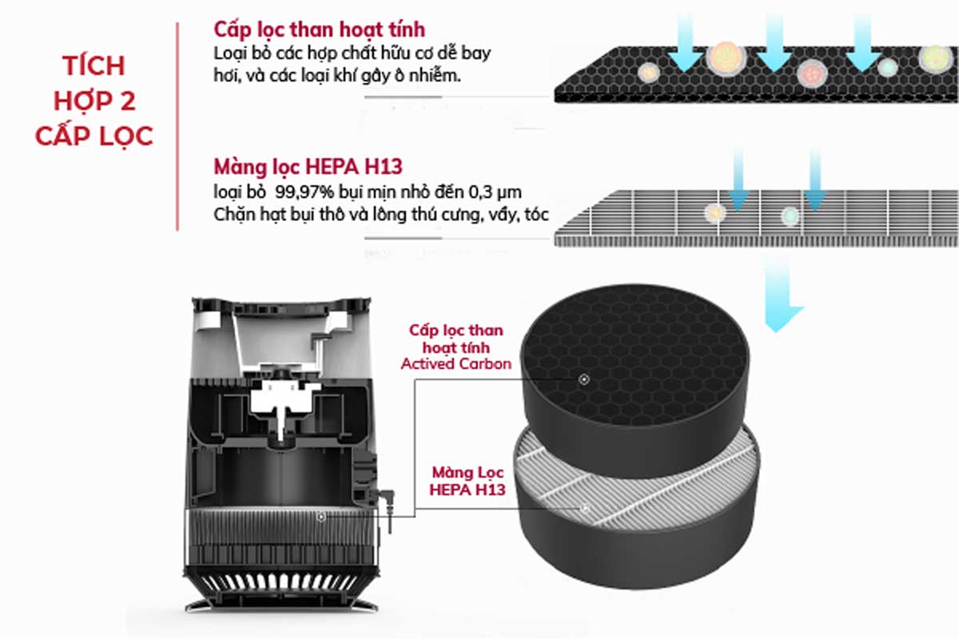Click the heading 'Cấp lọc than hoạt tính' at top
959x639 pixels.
(x=320, y=30)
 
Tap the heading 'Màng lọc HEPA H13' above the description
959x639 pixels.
(x=308, y=167)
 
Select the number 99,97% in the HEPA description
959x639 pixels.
(x=304, y=192)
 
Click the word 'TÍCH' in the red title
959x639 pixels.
(x=94, y=65)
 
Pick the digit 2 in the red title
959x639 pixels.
(x=128, y=101)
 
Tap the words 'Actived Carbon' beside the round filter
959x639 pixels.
(x=456, y=363)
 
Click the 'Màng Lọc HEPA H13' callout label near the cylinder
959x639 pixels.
(x=468, y=481)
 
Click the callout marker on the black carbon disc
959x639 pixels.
(x=584, y=379)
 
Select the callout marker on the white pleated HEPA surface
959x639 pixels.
(x=585, y=509)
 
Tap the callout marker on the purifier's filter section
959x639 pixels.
(x=321, y=517)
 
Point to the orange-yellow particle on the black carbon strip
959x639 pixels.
(x=726, y=58)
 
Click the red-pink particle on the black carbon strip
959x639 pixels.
(x=812, y=73)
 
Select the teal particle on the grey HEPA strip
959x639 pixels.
(x=790, y=216)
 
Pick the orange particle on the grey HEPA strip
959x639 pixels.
(x=715, y=212)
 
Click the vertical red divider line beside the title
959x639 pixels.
(x=177, y=127)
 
